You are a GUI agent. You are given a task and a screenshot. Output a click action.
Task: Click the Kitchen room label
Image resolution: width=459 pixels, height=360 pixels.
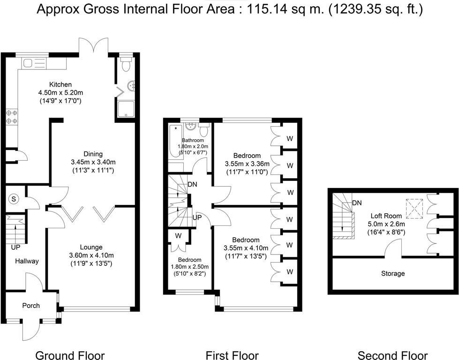[x=60, y=84]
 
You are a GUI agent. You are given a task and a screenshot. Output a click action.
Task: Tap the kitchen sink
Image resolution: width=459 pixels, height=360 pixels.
[x=34, y=63]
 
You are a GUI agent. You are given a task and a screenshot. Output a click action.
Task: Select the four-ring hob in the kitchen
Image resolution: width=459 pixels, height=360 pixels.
[x=12, y=117]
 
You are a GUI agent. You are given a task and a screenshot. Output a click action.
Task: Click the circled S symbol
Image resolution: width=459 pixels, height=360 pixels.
[x=14, y=199]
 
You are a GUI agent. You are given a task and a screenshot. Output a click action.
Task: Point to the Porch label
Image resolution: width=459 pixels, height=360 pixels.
[x=31, y=306]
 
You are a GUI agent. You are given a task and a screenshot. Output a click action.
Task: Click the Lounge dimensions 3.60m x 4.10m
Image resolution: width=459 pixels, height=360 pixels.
[x=91, y=255]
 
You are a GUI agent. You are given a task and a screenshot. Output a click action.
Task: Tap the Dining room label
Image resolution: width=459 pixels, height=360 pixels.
[x=93, y=154]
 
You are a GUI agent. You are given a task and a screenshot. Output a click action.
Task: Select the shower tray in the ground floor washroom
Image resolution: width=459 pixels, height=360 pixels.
[x=126, y=109]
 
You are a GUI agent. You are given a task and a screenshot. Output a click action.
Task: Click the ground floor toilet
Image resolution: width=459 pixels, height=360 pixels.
[x=126, y=64]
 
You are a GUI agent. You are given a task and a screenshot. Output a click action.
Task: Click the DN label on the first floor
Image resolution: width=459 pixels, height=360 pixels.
[x=192, y=184]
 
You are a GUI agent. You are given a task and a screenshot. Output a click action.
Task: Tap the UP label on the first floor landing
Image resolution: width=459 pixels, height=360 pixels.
[x=197, y=218]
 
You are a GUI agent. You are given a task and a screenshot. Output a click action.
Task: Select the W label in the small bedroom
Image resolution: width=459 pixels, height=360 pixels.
[x=178, y=235]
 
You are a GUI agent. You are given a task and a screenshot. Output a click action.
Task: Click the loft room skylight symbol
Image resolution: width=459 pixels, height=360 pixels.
[x=414, y=209]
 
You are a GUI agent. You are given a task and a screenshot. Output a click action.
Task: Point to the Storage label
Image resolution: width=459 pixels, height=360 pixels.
[x=393, y=273]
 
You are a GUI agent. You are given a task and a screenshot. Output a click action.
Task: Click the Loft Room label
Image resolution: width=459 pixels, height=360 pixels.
[x=386, y=216]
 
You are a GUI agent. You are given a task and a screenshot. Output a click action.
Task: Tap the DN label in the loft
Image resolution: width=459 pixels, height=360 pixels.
[x=357, y=203]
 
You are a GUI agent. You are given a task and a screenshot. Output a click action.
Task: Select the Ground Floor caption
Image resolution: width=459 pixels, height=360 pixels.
[x=70, y=355]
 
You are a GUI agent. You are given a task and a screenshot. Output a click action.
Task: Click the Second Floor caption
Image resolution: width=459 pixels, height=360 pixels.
[x=392, y=355]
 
